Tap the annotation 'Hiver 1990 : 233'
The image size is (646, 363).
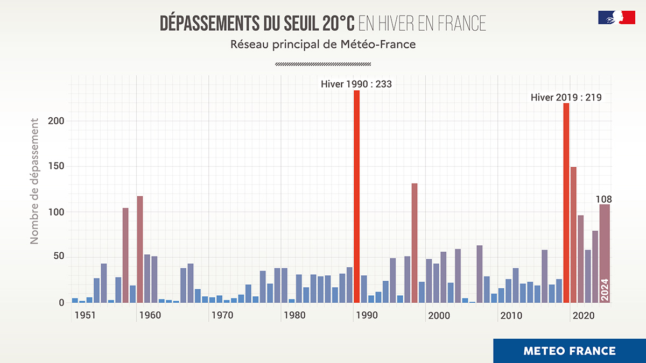click(356, 84)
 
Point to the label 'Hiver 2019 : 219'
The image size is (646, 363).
click(566, 97)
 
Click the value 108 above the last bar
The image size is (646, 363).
click(603, 200)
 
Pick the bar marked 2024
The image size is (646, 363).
click(605, 253)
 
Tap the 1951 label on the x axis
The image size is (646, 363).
click(85, 316)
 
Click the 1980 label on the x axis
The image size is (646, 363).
click(294, 316)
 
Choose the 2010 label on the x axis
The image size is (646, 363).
click(511, 316)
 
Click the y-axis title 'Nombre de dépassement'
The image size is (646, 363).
click(35, 181)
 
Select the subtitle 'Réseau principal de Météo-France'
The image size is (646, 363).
click(323, 45)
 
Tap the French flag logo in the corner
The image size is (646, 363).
click(616, 17)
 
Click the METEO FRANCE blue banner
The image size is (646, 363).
click(570, 351)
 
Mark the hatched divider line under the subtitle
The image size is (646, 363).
click(323, 64)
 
